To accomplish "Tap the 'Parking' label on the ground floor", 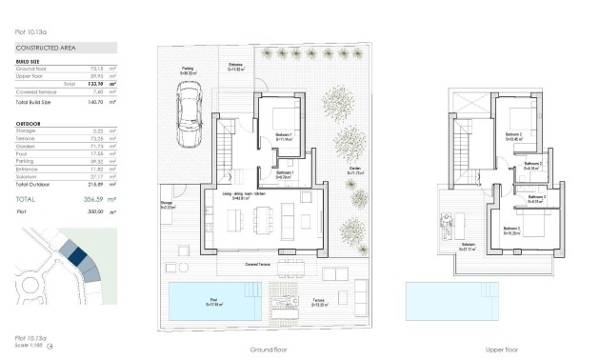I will pyautogui.click(x=190, y=69).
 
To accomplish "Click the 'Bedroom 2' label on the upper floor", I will pyautogui.click(x=514, y=135).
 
